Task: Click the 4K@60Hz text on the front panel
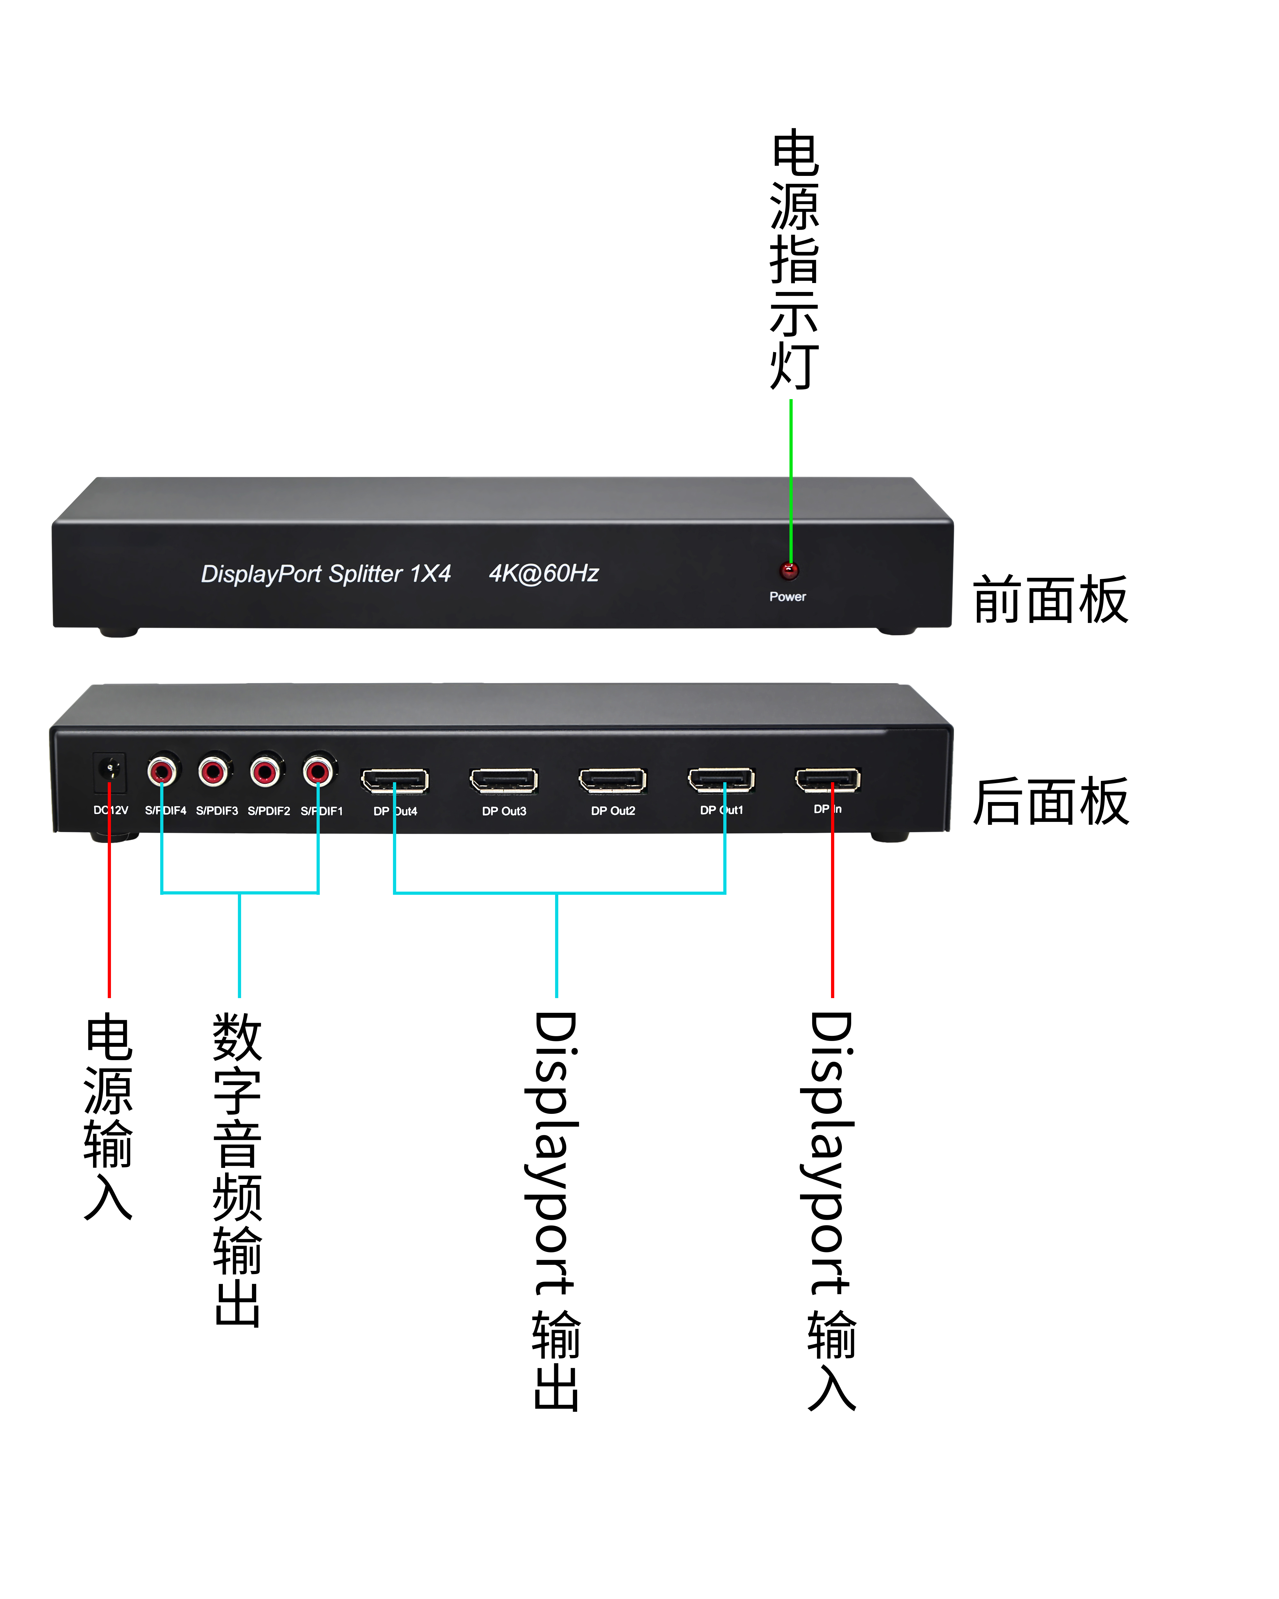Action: coord(544,573)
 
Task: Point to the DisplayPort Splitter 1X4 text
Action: coord(326,574)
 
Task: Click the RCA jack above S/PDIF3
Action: coord(214,771)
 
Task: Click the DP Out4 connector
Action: coord(395,780)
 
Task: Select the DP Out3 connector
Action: coord(503,780)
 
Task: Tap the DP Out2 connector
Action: coord(612,780)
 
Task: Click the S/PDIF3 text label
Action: coord(216,811)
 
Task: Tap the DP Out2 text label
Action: coord(613,811)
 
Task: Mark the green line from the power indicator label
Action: coord(791,475)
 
